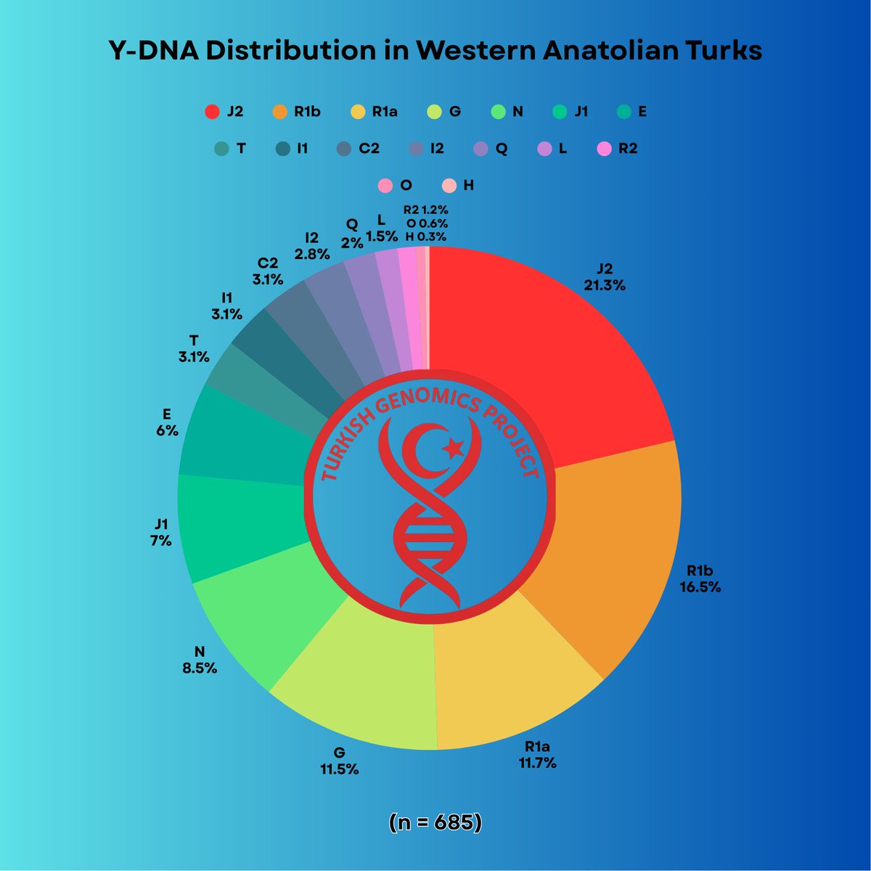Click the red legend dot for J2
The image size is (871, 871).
point(212,112)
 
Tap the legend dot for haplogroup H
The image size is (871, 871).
point(449,185)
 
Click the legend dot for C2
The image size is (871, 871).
point(344,149)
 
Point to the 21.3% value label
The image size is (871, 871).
point(605,285)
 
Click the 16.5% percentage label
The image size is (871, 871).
point(700,586)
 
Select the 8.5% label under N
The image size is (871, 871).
point(200,668)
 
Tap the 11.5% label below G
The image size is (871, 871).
point(340,769)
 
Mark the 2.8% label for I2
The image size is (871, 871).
point(312,254)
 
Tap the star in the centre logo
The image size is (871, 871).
point(455,448)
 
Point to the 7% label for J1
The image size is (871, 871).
point(161,541)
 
